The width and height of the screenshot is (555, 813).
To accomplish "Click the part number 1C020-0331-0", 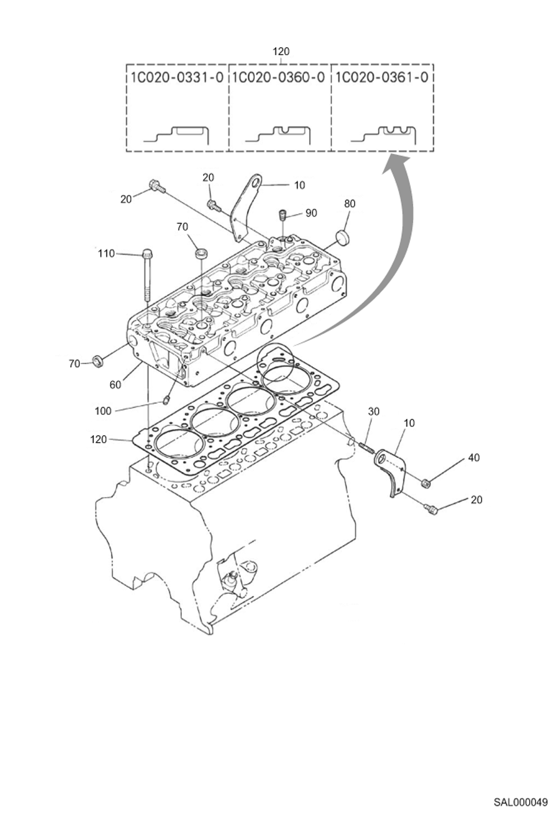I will (177, 77).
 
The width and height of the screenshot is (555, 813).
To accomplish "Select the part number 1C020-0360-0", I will (279, 77).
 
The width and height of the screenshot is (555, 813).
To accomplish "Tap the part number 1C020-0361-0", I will (382, 77).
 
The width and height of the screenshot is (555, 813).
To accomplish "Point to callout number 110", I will (106, 253).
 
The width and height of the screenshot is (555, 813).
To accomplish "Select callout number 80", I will (349, 203).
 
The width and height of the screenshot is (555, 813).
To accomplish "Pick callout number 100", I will (103, 411).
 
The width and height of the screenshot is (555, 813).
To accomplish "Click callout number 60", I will (115, 385).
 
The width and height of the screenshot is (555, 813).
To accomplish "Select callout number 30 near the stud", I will (373, 411).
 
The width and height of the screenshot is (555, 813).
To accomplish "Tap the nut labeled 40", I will (426, 483).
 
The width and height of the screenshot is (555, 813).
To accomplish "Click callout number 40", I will (474, 458).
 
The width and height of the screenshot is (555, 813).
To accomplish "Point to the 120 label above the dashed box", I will (281, 51).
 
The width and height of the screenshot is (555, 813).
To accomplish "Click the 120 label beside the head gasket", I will (98, 439).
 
